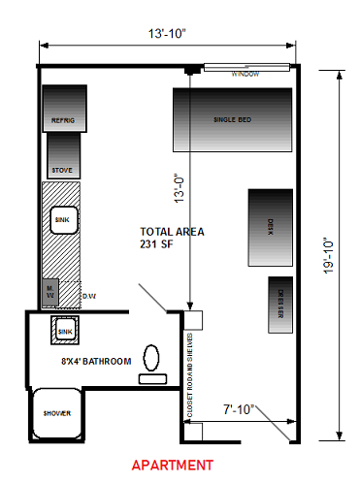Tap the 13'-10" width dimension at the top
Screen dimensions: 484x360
pyautogui.click(x=167, y=34)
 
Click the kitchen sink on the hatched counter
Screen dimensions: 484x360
pyautogui.click(x=64, y=221)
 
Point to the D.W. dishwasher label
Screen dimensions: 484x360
pyautogui.click(x=88, y=295)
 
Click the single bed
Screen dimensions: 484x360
pyautogui.click(x=233, y=119)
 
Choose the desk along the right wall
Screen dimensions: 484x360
pyautogui.click(x=270, y=227)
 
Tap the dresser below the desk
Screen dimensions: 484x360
pyautogui.click(x=277, y=302)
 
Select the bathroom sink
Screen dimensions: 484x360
pyautogui.click(x=66, y=332)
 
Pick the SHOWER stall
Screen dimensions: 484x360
pyautogui.click(x=55, y=414)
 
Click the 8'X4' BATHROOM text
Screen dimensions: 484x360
pyautogui.click(x=94, y=361)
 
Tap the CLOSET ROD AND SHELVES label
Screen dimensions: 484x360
pyautogui.click(x=190, y=374)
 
